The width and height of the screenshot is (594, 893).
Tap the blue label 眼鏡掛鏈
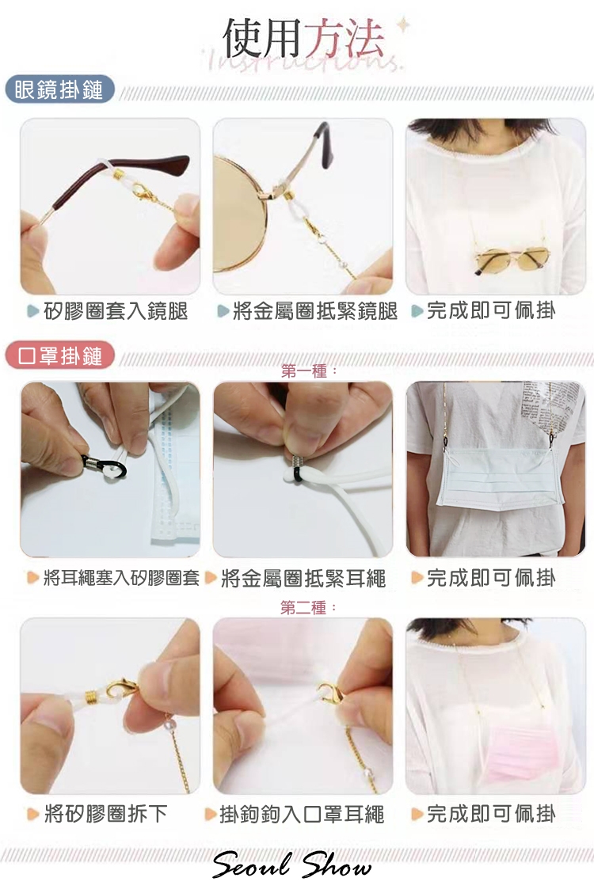[x=59, y=90]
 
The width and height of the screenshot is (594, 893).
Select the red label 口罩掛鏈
[x=60, y=356]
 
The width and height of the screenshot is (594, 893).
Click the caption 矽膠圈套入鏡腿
[x=115, y=311]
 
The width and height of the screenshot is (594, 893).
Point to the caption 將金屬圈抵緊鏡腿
[x=315, y=311]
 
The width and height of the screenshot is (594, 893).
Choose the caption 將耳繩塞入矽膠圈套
[x=121, y=578]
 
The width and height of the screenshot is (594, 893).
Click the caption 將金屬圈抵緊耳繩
[x=303, y=578]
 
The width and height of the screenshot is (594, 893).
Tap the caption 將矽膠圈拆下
[x=105, y=814]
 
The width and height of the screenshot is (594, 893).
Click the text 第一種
[x=304, y=371]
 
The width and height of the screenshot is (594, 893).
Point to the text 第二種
[x=304, y=608]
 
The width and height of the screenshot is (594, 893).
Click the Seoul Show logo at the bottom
[x=291, y=865]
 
